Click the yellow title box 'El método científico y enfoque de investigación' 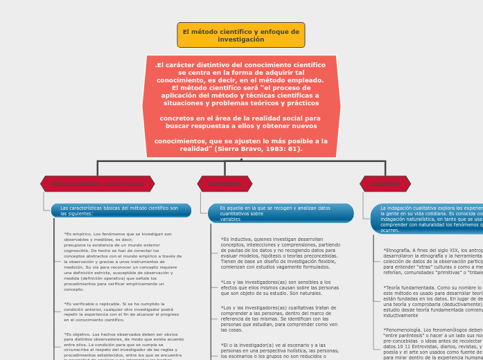240,35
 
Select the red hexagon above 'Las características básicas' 98,183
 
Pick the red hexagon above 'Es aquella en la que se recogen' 225,183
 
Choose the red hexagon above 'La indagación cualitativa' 385,183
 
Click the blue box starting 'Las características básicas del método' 121,210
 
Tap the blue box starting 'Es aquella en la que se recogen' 281,213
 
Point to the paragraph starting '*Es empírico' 123,261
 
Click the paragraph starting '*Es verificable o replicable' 123,312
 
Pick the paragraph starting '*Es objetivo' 123,346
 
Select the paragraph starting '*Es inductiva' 280,253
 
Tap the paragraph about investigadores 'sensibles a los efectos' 280,287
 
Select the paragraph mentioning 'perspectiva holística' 280,350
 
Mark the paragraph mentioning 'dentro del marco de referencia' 280,318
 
